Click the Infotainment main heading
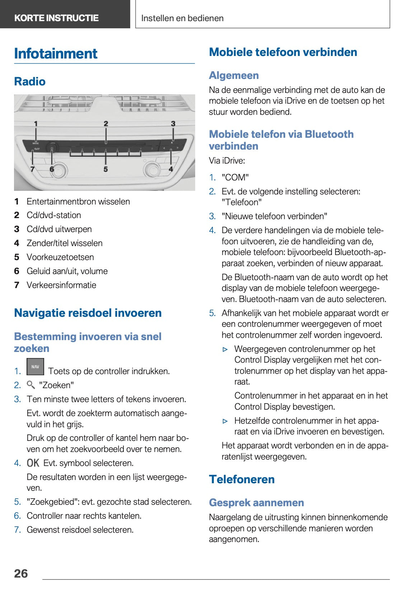pos(56,54)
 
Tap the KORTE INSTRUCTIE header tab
pos(56,18)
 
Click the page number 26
pos(21,573)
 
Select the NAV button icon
pos(35,367)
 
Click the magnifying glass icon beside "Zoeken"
pos(31,385)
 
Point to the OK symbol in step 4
pos(33,463)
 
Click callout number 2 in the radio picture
pos(106,124)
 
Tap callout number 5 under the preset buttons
pos(105,169)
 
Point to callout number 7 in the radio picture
pos(32,169)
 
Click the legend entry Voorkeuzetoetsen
pos(60,257)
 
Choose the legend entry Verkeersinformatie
pos(61,285)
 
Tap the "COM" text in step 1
pos(235,178)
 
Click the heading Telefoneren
pos(242,479)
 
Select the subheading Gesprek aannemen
pos(256,503)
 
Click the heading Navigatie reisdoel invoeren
pos(88,313)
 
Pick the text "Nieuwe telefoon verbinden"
pos(274,216)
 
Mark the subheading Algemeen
pos(234,75)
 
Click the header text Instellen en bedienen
pos(182,18)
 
